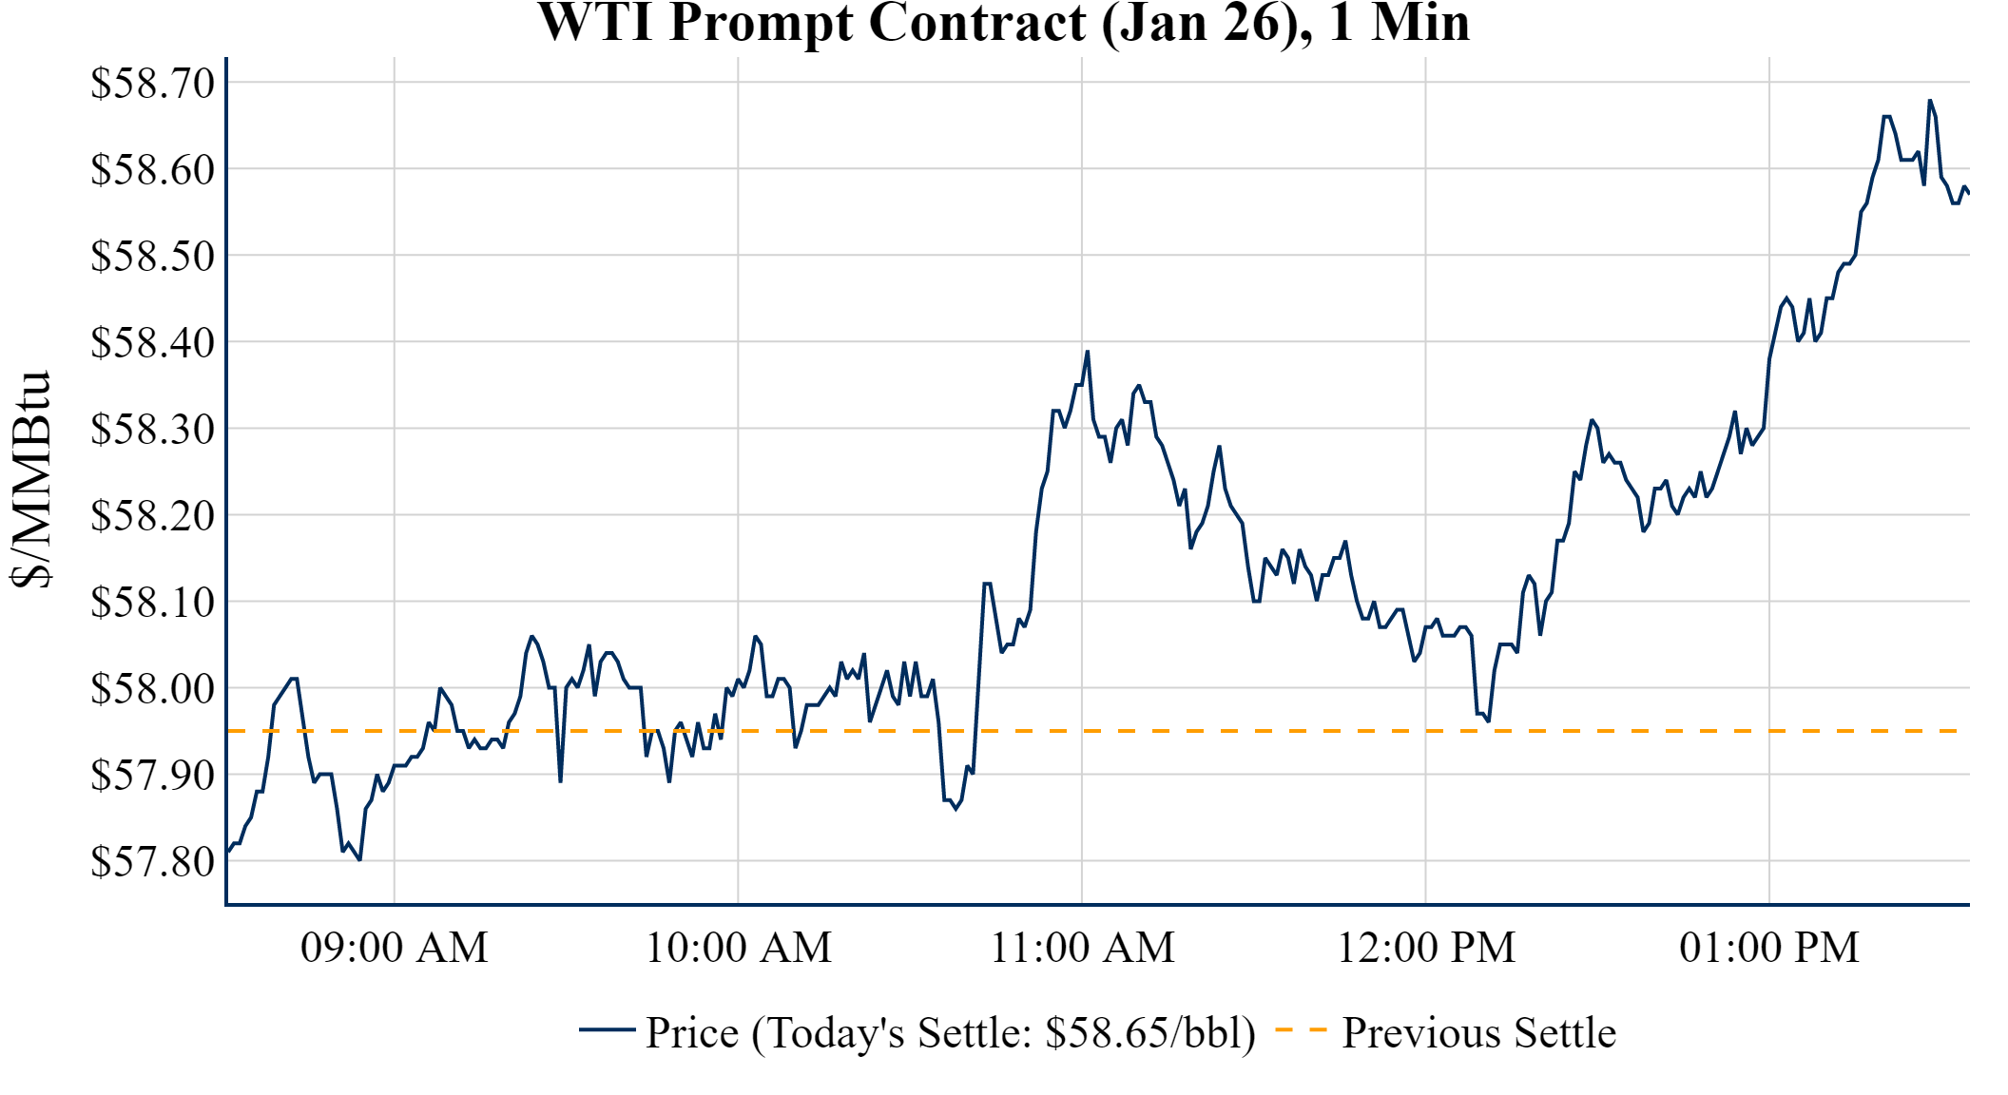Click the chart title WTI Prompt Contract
(1003, 23)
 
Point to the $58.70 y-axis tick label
(153, 83)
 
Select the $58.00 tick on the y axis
(153, 688)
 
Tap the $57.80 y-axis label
(153, 861)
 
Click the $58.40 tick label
(153, 342)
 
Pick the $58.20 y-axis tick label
(153, 515)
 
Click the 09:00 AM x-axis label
(395, 948)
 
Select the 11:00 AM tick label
(1082, 948)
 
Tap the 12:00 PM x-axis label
(1426, 948)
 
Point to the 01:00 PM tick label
(1769, 948)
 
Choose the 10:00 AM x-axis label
(739, 948)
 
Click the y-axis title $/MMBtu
(30, 480)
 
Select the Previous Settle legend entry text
(1478, 1033)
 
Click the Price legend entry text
(951, 1033)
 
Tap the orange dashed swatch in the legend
(1300, 1030)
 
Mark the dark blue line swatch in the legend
(607, 1030)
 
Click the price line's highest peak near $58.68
(1929, 100)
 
